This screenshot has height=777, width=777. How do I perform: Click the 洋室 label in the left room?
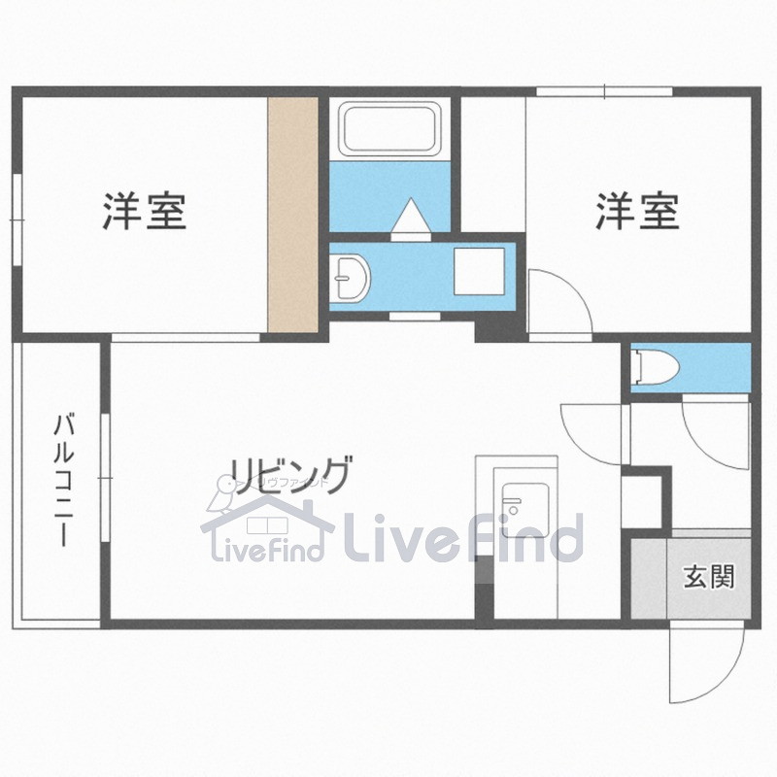tap(144, 211)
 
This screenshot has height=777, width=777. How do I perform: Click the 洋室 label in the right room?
tap(637, 211)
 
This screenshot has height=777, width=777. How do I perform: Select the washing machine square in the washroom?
tap(480, 273)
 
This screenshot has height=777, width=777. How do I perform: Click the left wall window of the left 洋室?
tap(17, 219)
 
